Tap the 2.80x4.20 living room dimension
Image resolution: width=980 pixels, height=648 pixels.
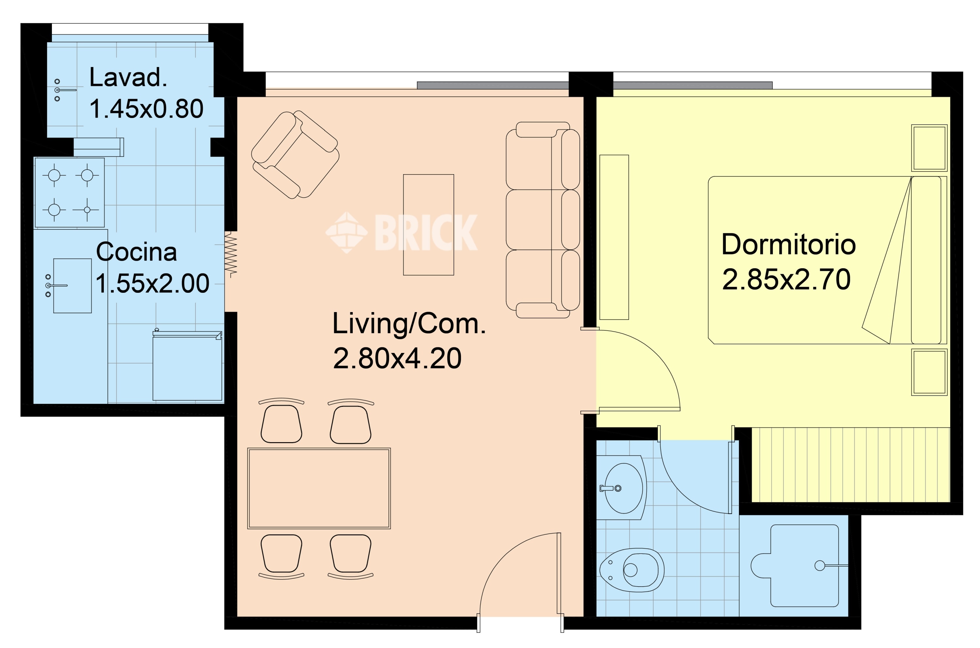[397, 358]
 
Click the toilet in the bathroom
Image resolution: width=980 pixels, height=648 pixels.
[631, 570]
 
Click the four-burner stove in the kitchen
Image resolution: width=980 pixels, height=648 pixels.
[69, 192]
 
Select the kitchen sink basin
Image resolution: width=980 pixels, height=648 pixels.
[72, 286]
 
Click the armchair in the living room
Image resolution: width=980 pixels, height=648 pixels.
[295, 155]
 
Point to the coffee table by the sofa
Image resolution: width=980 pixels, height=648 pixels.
[429, 225]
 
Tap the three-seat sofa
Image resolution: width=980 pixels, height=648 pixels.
[543, 220]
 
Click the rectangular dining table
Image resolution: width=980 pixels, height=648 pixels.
[319, 489]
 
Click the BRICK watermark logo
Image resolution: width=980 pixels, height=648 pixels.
[401, 232]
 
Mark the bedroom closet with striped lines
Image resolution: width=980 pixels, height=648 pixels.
[851, 465]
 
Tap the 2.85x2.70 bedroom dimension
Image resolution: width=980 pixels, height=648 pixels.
[786, 279]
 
